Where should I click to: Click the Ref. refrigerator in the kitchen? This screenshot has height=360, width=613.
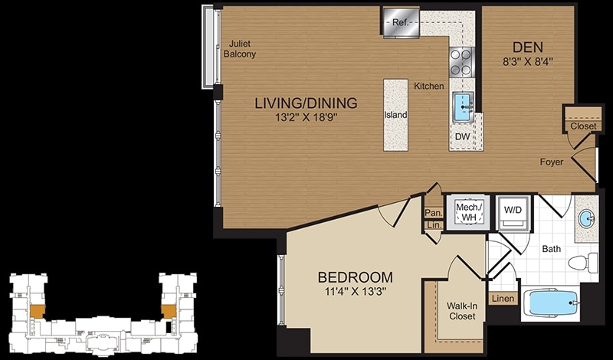click(x=401, y=22)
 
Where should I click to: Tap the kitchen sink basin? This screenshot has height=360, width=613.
click(x=464, y=106)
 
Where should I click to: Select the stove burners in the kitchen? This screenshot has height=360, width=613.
click(x=462, y=62)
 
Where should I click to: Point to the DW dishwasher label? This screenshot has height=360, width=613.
click(x=463, y=137)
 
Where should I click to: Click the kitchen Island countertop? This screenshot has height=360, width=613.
click(x=395, y=115)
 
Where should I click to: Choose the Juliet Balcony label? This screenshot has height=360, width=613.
click(x=240, y=49)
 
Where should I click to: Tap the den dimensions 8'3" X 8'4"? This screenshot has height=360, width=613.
click(x=528, y=62)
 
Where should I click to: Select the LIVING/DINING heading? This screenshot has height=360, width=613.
click(x=306, y=103)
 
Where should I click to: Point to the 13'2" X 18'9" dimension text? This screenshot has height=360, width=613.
click(x=306, y=118)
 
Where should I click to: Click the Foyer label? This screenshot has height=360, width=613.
click(x=552, y=162)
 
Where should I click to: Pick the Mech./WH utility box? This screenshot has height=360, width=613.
click(x=468, y=212)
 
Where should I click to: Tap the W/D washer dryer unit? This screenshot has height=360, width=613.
click(x=513, y=213)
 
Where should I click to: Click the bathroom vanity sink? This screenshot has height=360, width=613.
click(x=586, y=218)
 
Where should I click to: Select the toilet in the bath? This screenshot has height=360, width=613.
click(x=583, y=263)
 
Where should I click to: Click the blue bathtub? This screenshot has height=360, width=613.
click(x=550, y=303)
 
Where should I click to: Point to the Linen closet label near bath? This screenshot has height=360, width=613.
click(x=503, y=299)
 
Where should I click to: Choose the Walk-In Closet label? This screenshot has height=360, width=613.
click(x=462, y=311)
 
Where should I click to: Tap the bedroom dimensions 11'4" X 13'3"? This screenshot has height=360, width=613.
click(x=356, y=292)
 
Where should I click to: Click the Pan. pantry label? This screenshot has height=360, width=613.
click(x=434, y=214)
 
